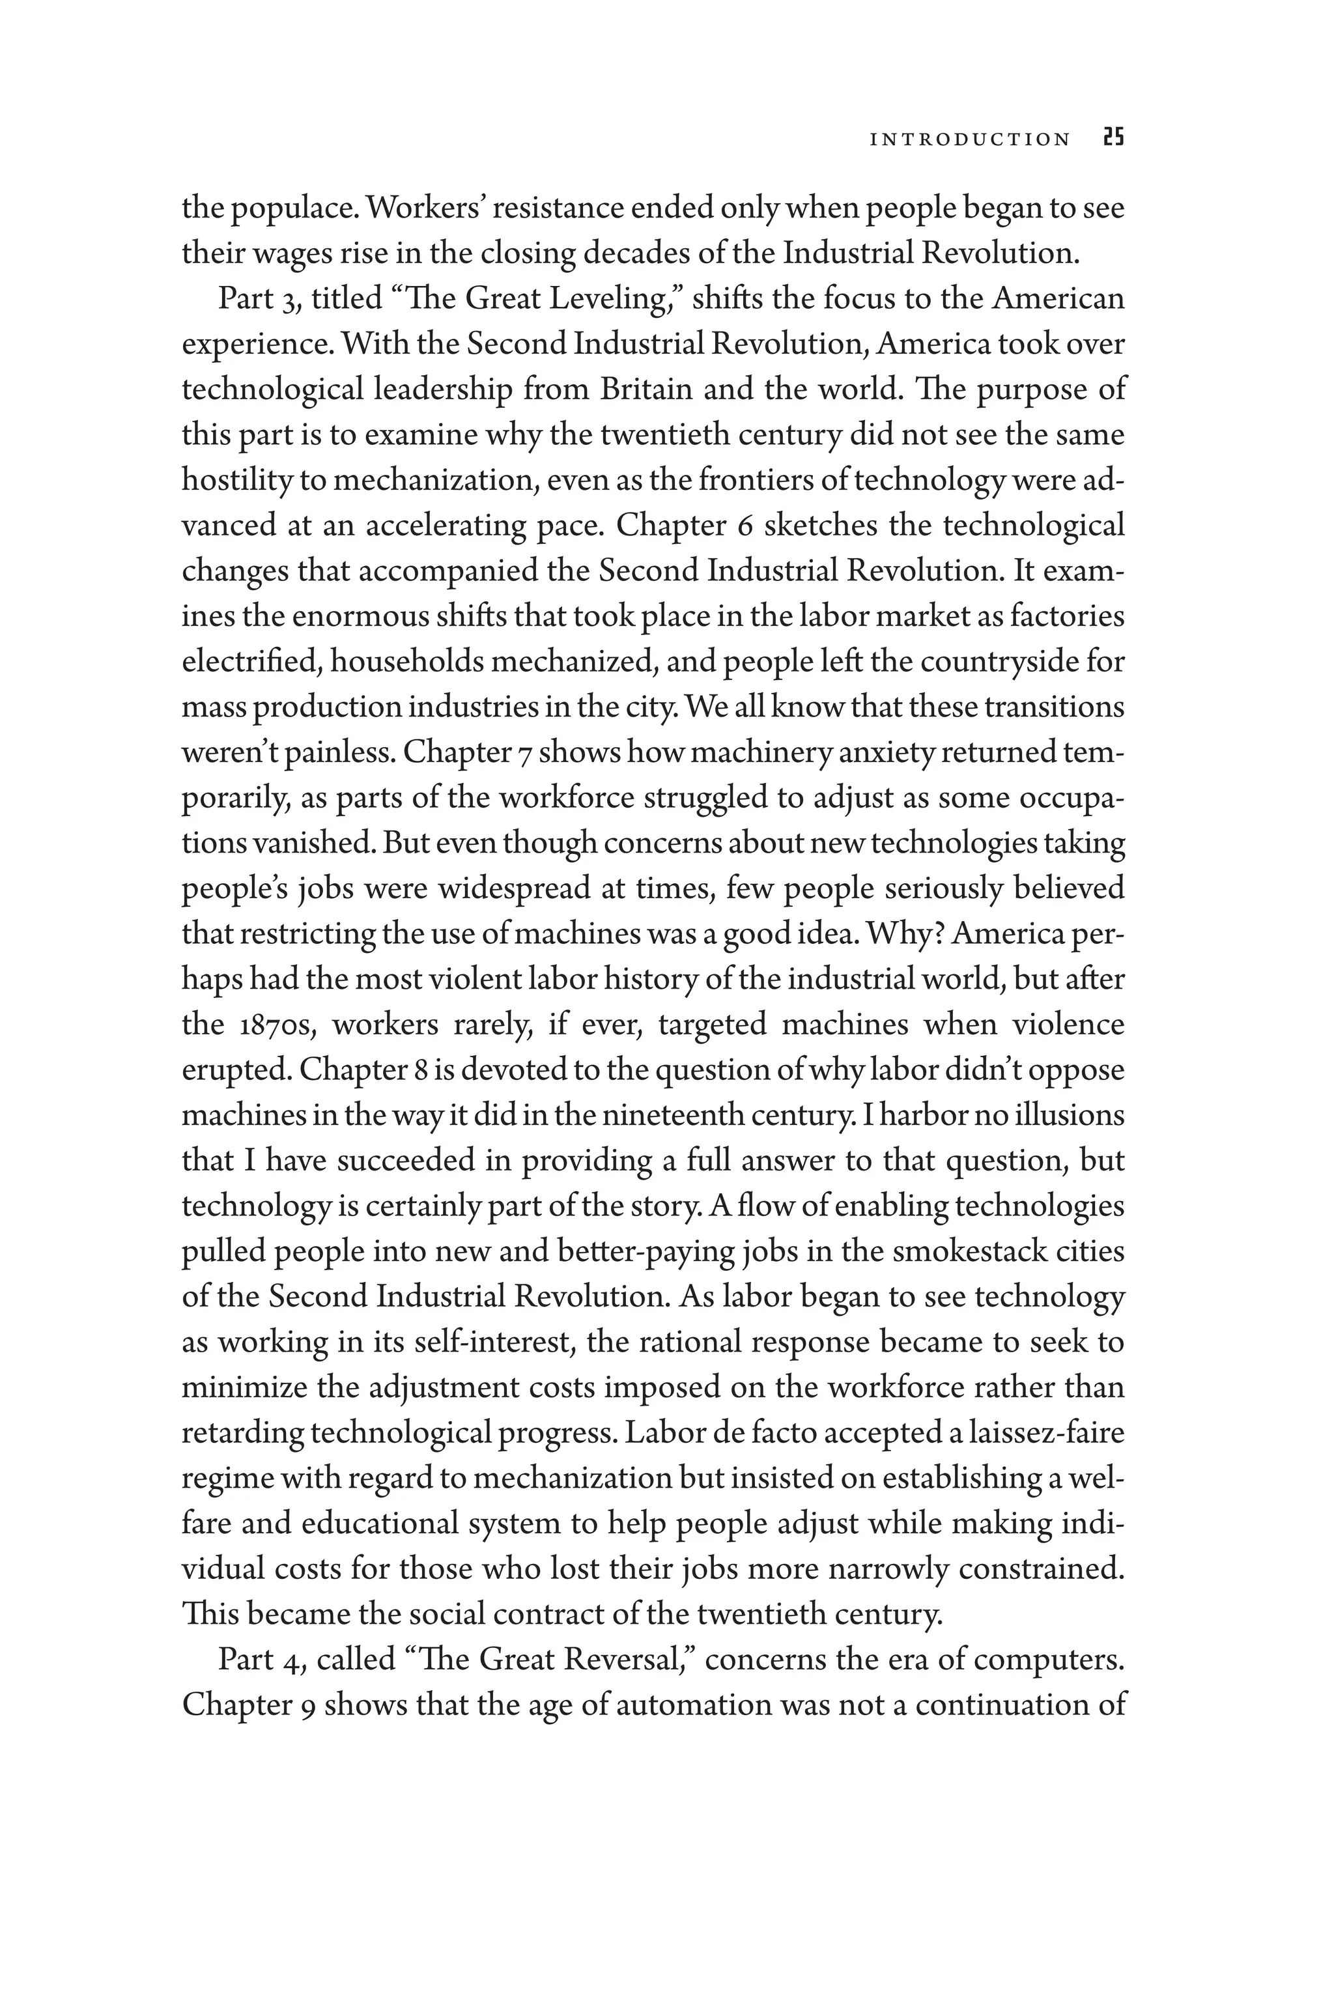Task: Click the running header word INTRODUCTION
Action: click(970, 139)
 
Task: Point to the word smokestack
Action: click(956, 1252)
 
